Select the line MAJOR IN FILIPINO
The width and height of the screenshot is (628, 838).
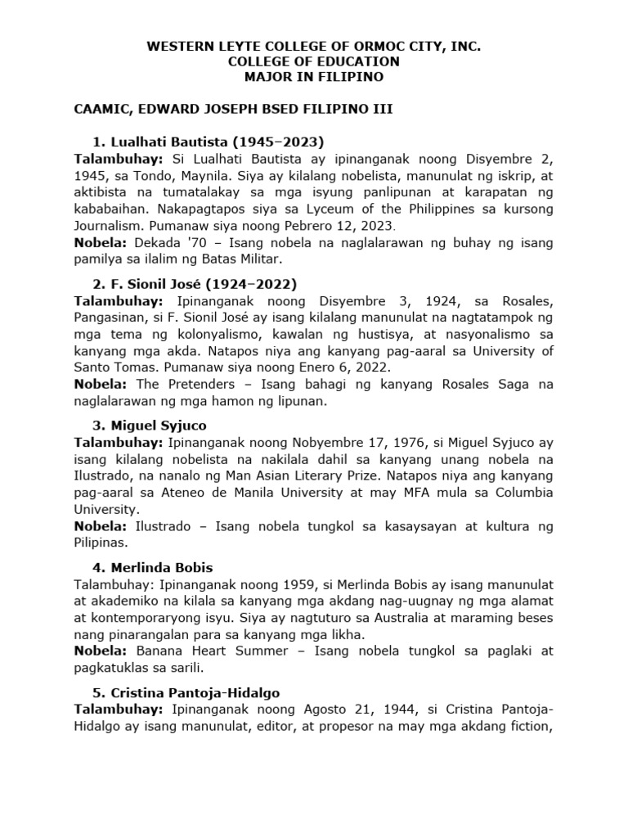[314, 77]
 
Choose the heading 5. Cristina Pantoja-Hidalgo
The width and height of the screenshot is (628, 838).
[195, 692]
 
